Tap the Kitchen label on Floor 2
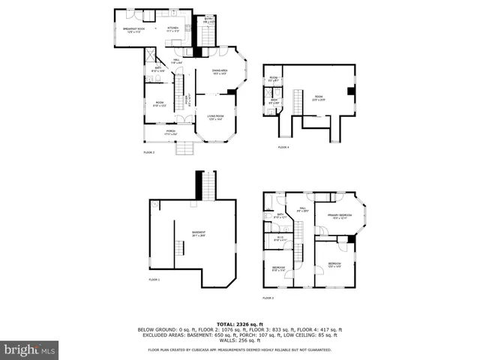pos(172,28)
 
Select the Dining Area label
pos(219,72)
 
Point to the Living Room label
pos(217,118)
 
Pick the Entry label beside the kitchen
pos(208,20)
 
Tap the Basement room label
pos(198,234)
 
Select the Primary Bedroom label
pos(339,216)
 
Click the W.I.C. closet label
pos(279,239)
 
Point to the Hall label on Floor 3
pos(301,211)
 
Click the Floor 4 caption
pos(283,147)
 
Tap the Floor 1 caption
pos(154,279)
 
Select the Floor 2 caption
pos(148,152)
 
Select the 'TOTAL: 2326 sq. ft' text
pos(240,323)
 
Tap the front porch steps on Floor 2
pos(184,148)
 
